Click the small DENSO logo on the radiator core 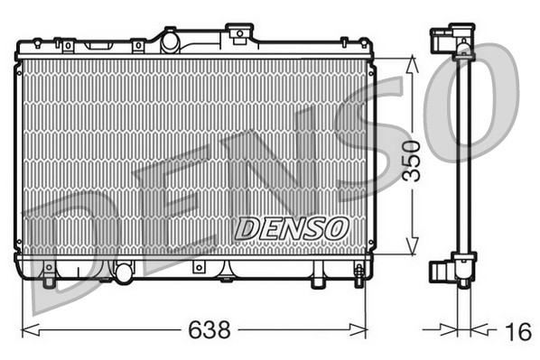(290, 228)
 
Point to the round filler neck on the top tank (169, 40)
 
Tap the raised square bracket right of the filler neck (238, 33)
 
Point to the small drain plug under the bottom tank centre (197, 268)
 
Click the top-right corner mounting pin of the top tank (343, 42)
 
